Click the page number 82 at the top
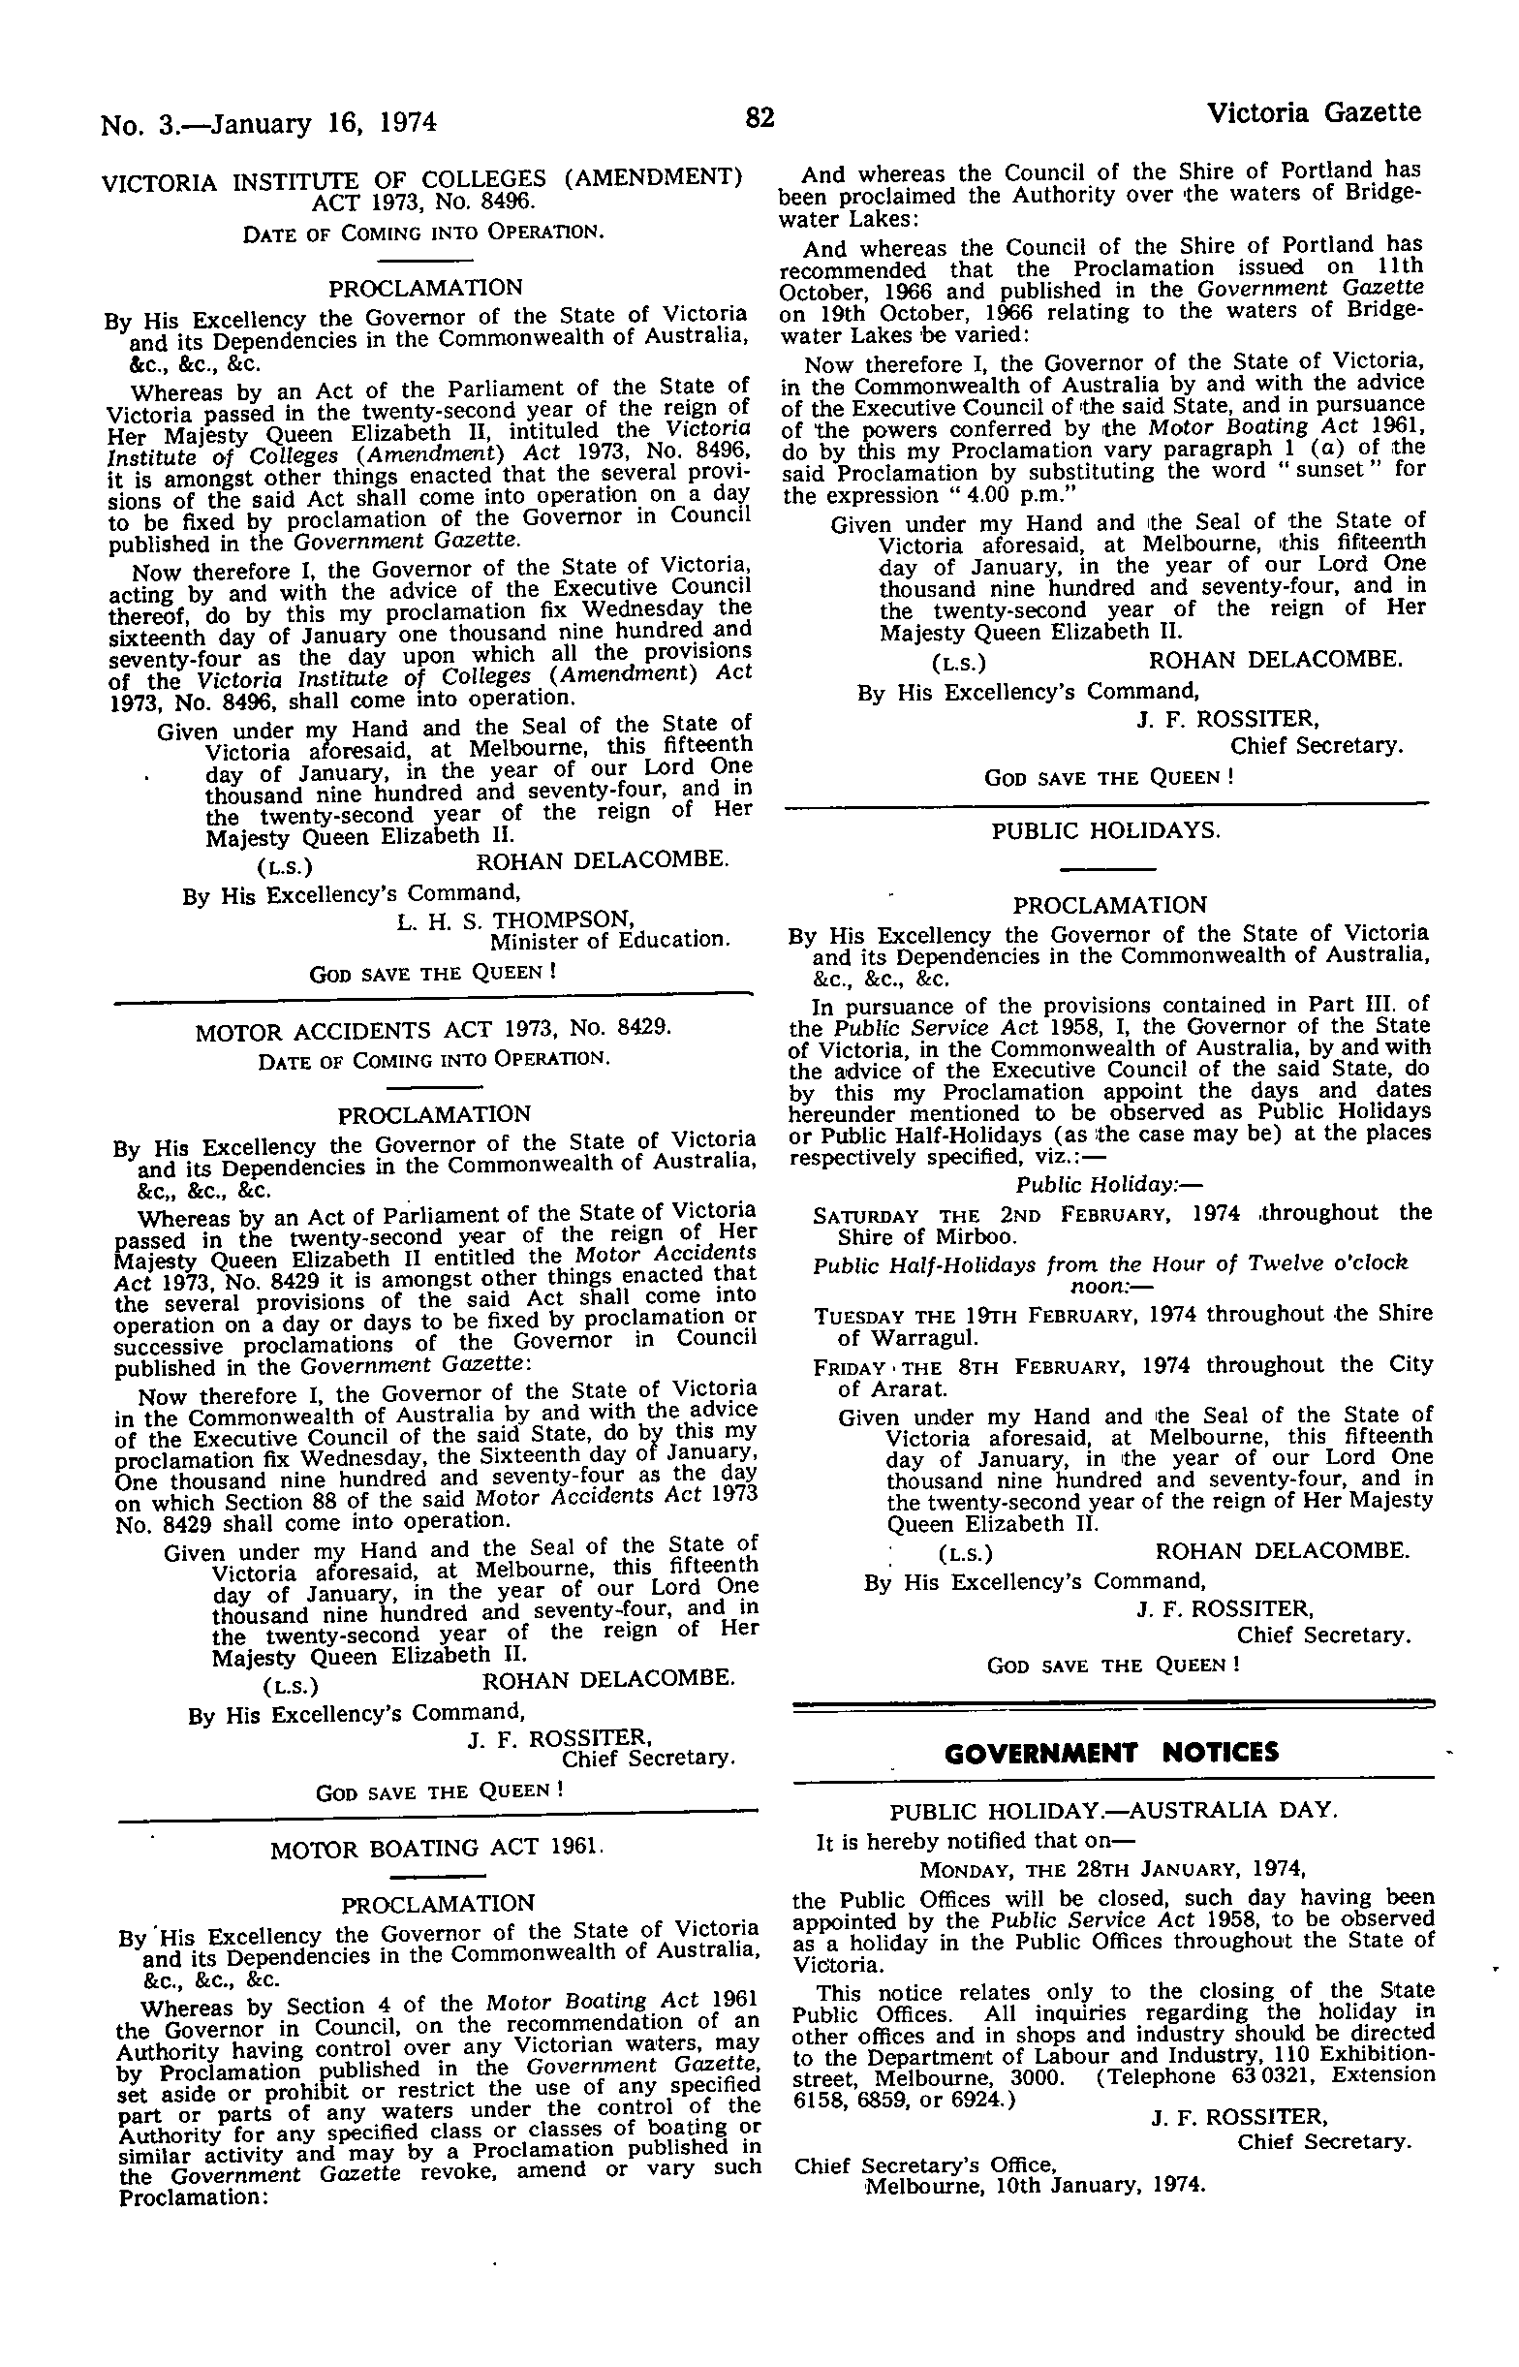tap(759, 118)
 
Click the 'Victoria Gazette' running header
tap(1314, 112)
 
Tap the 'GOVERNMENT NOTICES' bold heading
tap(1111, 1753)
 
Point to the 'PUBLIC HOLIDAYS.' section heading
tap(1105, 830)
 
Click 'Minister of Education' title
tap(610, 940)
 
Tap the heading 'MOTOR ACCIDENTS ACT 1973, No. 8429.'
tap(434, 1032)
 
